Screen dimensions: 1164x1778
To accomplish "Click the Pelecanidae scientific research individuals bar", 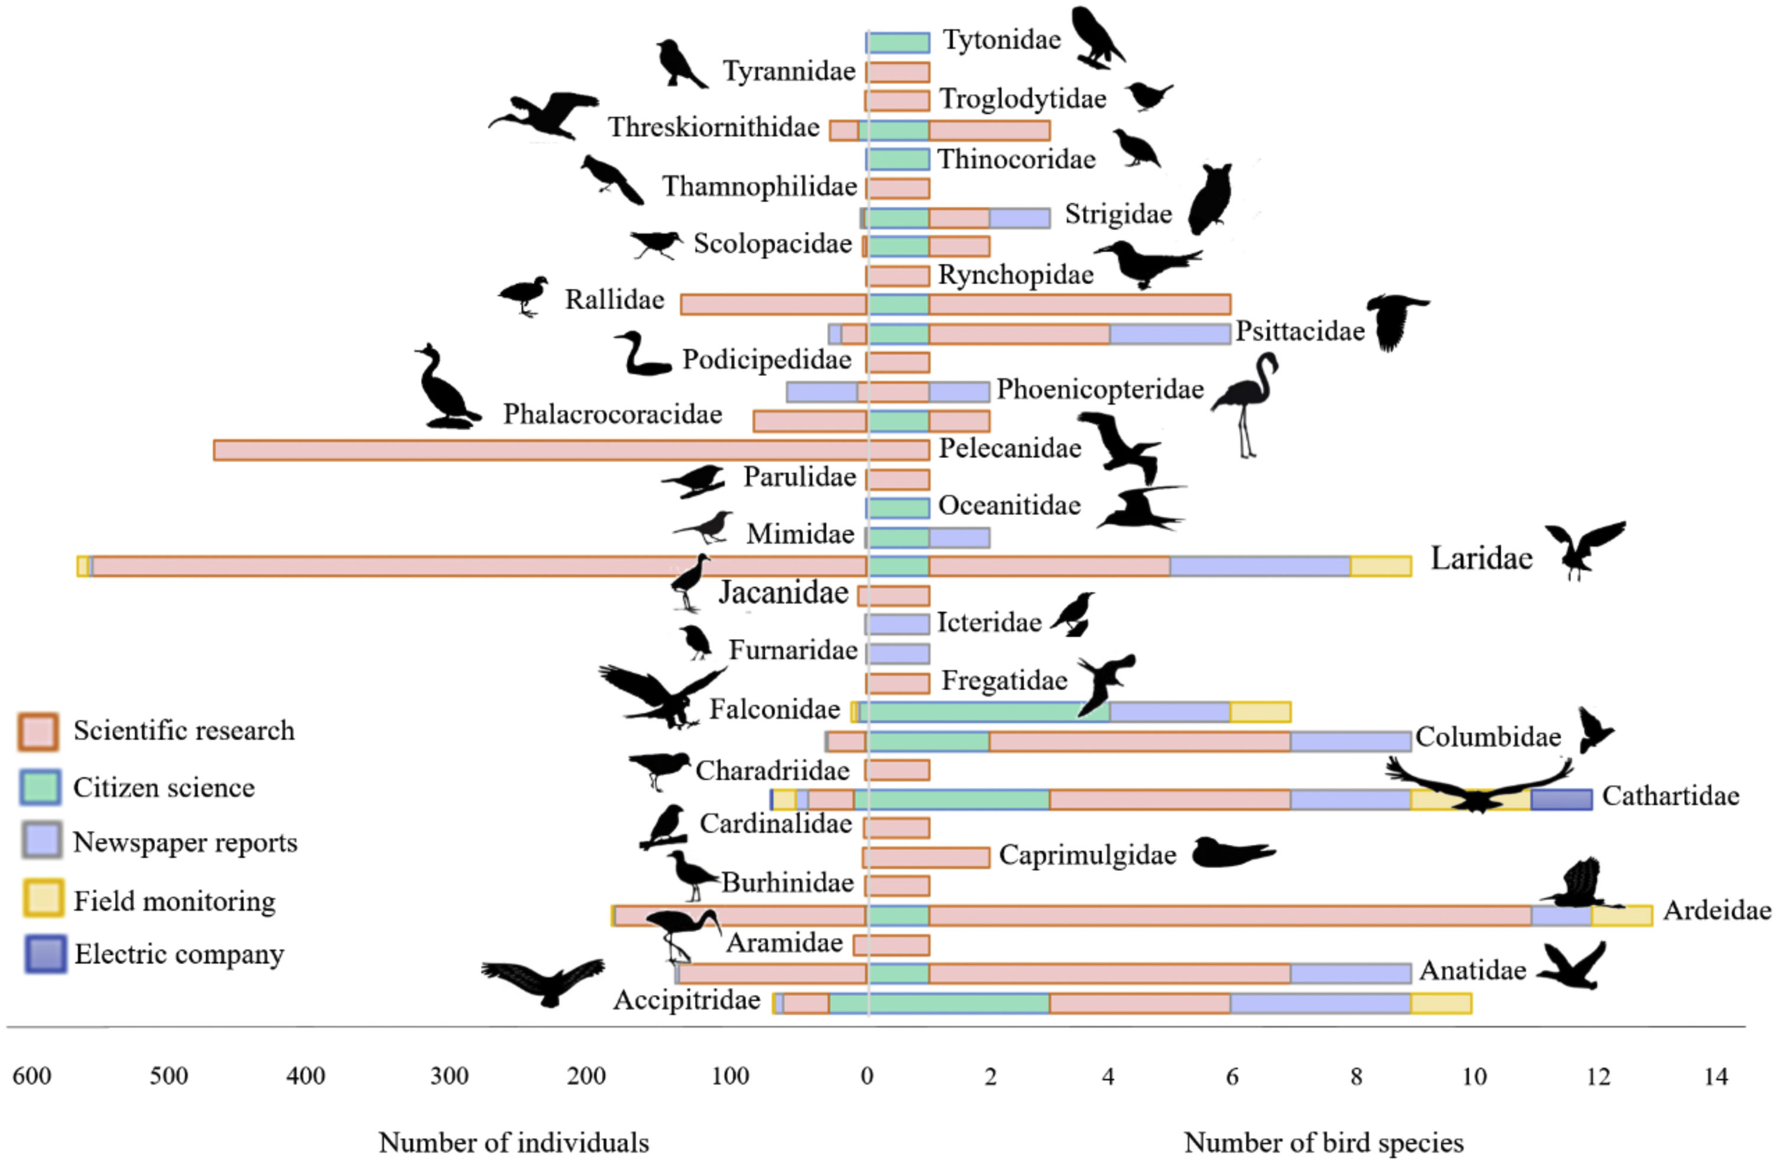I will pyautogui.click(x=538, y=450).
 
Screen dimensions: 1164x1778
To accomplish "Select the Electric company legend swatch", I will pyautogui.click(x=44, y=954).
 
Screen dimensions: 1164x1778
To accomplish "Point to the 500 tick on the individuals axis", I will pyautogui.click(x=169, y=1077).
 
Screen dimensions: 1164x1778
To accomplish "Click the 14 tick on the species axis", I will pyautogui.click(x=1715, y=1077).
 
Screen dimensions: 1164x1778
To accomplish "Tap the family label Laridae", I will pyautogui.click(x=1481, y=559).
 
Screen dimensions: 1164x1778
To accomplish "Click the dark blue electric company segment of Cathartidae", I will pyautogui.click(x=1560, y=799).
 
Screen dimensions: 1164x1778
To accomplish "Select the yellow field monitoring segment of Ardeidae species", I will pyautogui.click(x=1621, y=915).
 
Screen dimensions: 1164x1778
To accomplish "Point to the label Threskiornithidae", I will pyautogui.click(x=713, y=128).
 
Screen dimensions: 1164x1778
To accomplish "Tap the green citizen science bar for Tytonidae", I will pyautogui.click(x=898, y=43).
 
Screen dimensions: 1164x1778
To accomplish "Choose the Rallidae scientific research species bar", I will pyautogui.click(x=1079, y=304).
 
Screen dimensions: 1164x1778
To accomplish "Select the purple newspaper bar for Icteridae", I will pyautogui.click(x=898, y=624).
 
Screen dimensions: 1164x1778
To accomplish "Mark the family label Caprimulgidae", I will pyautogui.click(x=1087, y=855).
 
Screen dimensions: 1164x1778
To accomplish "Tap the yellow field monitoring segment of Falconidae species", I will pyautogui.click(x=1260, y=712).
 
